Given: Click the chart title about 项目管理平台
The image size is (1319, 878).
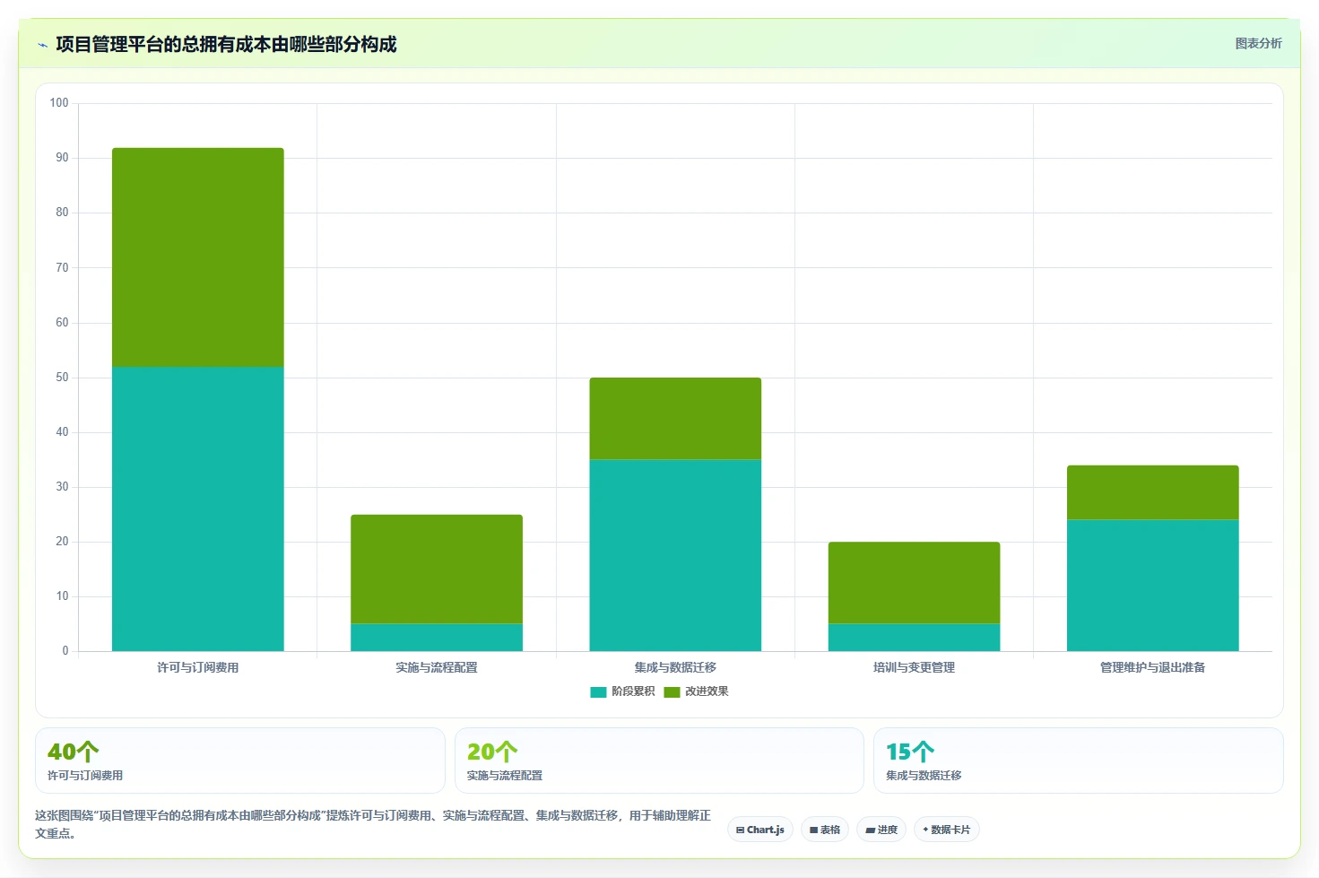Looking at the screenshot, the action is pos(226,45).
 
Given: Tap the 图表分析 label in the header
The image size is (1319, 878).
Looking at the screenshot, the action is pos(1258,44).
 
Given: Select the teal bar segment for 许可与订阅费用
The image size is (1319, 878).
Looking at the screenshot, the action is pos(198,509).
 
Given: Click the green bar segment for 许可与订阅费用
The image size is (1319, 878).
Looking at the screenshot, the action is pos(198,257).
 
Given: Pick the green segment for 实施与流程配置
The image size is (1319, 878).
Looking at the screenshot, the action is pos(437,569).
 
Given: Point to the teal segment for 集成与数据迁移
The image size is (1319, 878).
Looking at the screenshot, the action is pos(675,555).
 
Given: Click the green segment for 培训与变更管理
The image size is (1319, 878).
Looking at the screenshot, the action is pos(914,582).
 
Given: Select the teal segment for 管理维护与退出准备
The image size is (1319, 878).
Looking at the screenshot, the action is pos(1153,586).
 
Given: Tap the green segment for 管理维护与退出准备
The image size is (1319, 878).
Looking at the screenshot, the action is pos(1153,492).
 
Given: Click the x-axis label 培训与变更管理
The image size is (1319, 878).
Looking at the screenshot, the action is pos(914,667).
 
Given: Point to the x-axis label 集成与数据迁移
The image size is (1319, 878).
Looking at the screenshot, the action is pos(675,667).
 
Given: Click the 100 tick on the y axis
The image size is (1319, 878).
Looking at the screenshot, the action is pos(59,103).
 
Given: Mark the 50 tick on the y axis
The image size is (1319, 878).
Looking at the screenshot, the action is pos(62,378).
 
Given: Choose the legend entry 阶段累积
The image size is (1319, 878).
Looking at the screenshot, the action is pos(622,691).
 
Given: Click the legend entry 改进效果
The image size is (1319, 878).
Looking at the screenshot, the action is pos(696,691).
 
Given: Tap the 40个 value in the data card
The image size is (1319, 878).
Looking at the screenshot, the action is pos(73,752).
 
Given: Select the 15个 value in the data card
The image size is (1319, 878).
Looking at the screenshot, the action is pos(910,752).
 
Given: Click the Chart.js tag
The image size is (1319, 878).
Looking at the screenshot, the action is pos(760,830).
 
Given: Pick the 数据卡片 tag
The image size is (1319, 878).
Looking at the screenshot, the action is pos(946,830).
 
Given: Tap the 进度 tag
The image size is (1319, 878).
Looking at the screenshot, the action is pos(881,830).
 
